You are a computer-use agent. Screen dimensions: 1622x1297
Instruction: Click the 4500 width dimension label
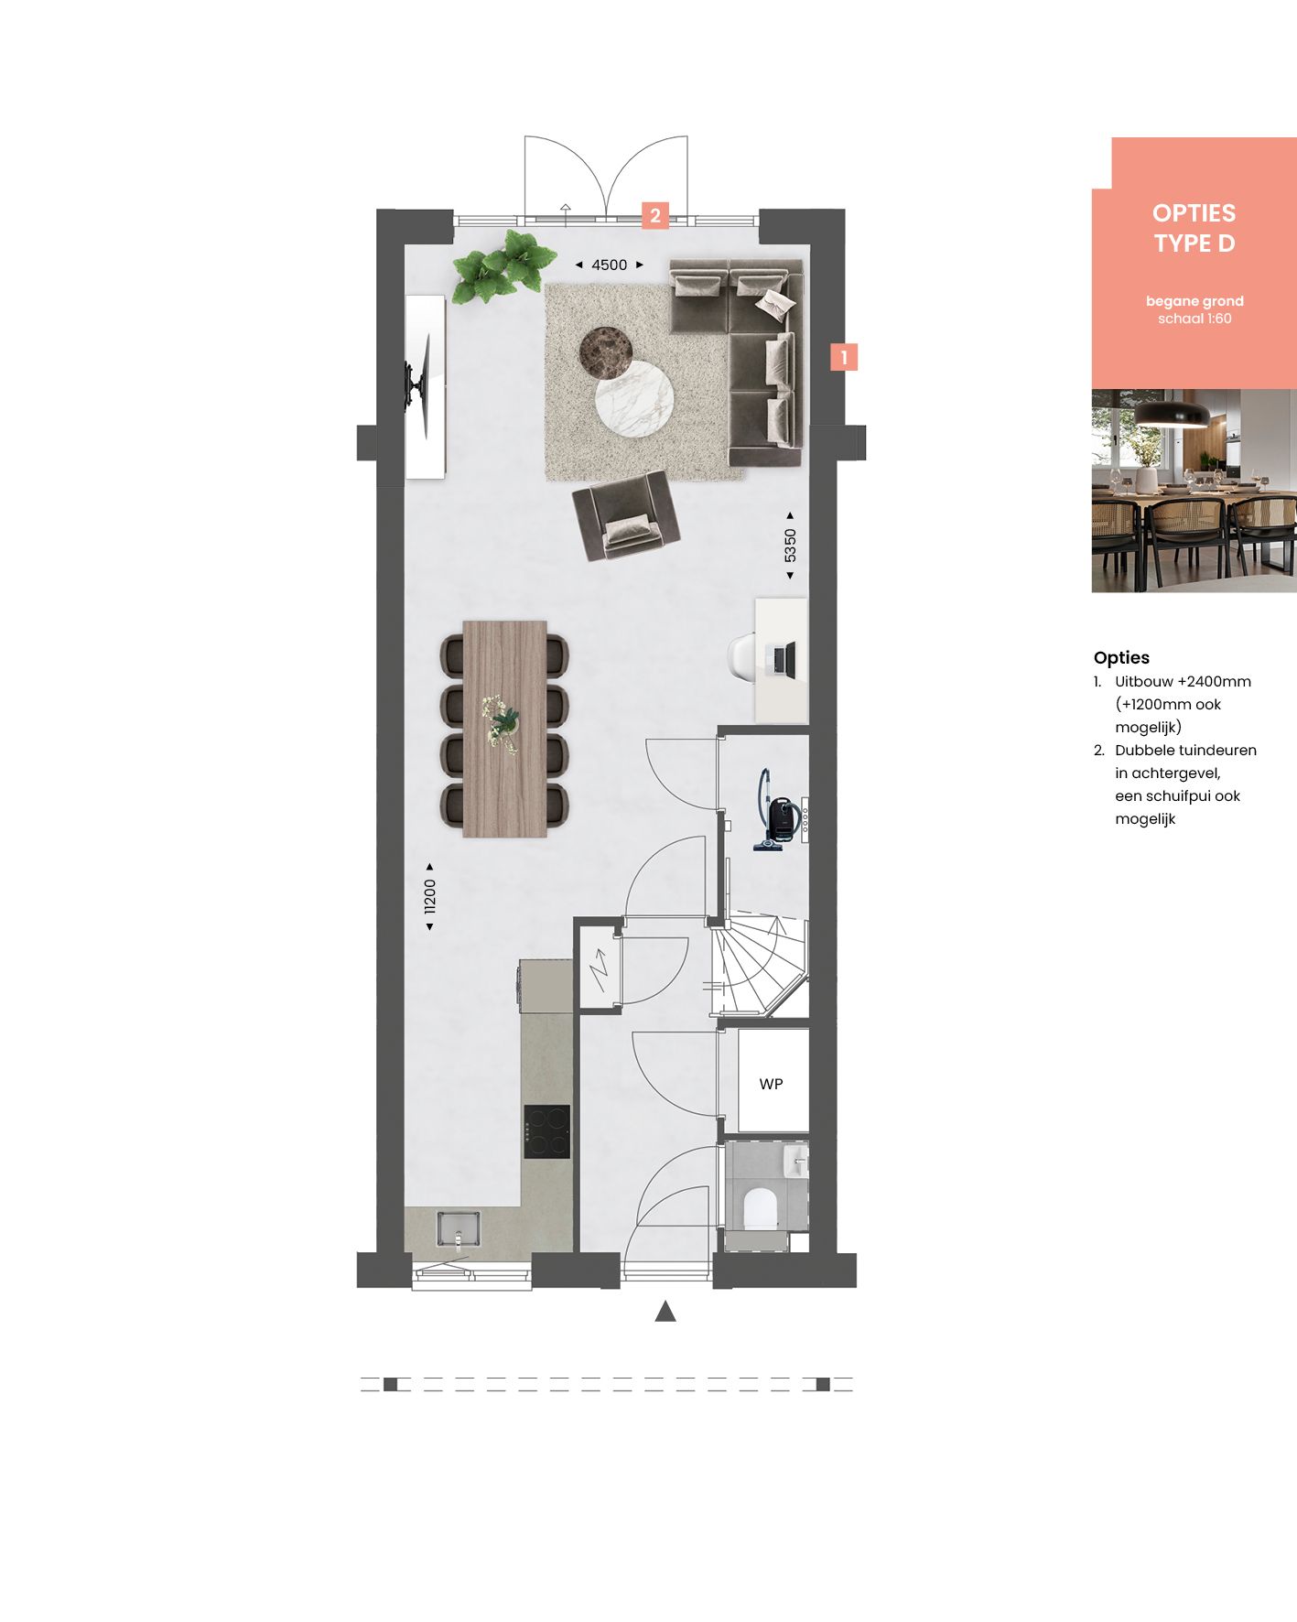point(609,265)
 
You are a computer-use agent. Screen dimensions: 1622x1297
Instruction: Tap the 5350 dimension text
point(790,546)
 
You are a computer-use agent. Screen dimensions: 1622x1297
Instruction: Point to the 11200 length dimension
point(429,897)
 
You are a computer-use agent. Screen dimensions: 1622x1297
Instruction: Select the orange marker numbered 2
point(654,216)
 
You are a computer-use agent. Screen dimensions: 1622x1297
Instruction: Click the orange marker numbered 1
point(844,357)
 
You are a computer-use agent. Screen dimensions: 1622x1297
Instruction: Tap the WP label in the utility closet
point(771,1084)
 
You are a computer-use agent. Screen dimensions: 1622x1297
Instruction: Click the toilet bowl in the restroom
point(760,1208)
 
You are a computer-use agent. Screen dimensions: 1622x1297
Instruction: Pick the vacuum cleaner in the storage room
point(776,814)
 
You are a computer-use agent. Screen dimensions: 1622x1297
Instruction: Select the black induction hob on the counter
point(546,1131)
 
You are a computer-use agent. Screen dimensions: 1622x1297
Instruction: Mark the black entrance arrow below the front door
point(665,1312)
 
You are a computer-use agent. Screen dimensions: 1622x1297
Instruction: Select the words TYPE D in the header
point(1194,243)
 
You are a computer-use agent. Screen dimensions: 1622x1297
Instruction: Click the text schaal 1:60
point(1194,319)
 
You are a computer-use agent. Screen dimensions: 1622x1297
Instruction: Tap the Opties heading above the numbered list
point(1120,657)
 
